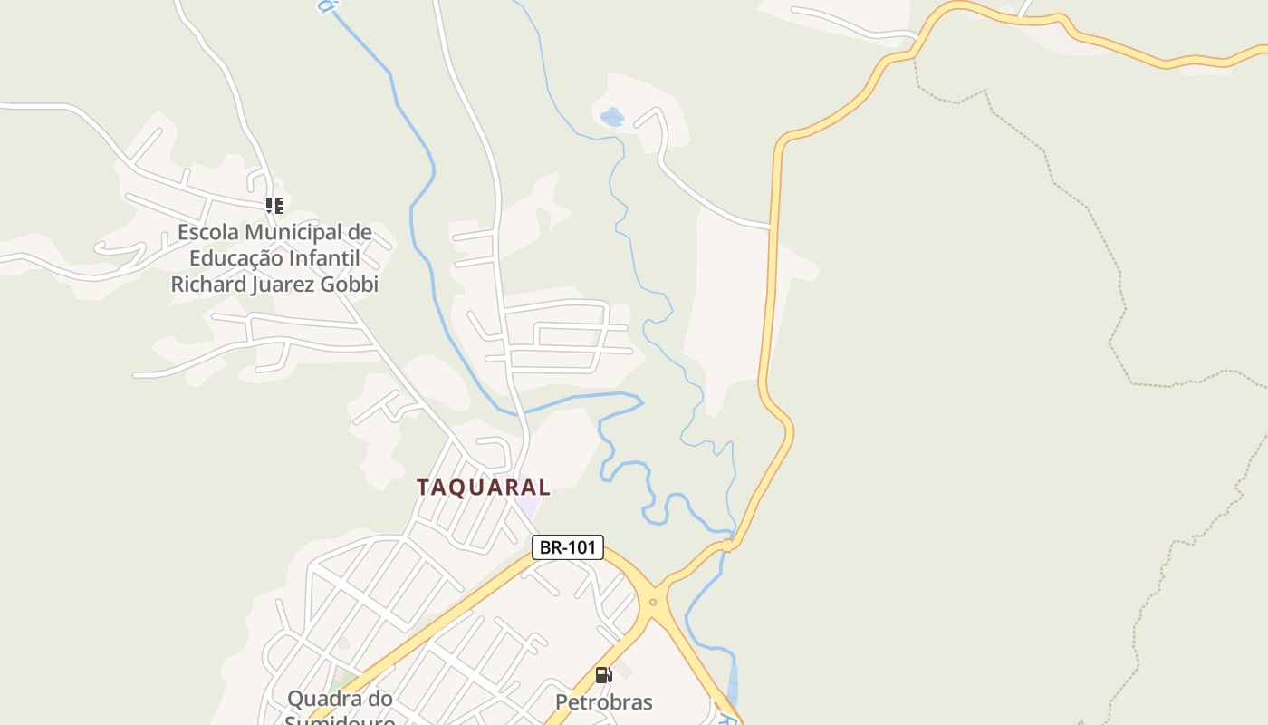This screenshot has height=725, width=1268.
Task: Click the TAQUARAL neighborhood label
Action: coord(483,487)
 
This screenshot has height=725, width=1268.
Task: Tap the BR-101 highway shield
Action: coord(567,547)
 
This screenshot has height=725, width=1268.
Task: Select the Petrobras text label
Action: coord(603,702)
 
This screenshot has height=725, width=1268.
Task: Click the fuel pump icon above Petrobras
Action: coord(603,675)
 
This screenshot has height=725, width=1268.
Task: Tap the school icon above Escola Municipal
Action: coord(274,206)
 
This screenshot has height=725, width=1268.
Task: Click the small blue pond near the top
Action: coord(612,117)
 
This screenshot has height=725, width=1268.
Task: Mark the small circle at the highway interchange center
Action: coord(652,602)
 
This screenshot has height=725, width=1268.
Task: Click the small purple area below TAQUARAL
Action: coord(526,507)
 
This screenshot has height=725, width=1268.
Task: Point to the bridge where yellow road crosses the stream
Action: coord(726,546)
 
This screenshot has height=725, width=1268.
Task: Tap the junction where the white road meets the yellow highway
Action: coord(771,226)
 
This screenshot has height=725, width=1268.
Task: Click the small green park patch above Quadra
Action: coord(341,679)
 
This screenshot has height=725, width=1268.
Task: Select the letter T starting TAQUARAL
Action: coord(423,487)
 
